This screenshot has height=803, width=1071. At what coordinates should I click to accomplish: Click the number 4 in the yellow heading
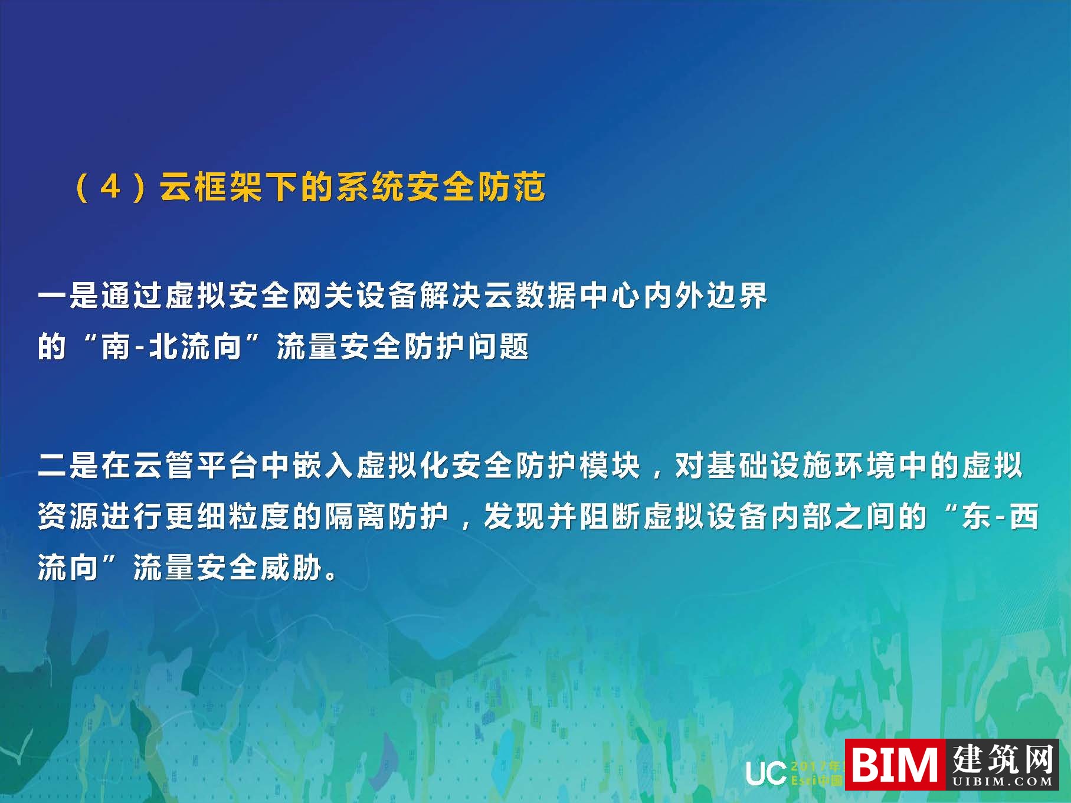(111, 188)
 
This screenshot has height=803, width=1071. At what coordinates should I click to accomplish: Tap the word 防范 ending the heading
(512, 188)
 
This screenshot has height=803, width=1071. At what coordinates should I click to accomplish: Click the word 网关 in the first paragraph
(323, 296)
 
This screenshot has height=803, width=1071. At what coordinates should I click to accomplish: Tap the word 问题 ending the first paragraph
(499, 347)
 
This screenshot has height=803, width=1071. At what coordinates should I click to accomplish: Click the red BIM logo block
(895, 765)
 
